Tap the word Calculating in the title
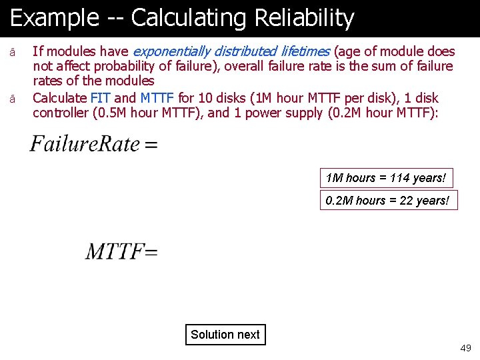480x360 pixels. (x=187, y=19)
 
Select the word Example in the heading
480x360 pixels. (x=54, y=19)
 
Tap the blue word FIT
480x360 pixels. (x=100, y=98)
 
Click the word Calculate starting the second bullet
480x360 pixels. (x=59, y=98)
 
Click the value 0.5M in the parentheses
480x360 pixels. (x=113, y=113)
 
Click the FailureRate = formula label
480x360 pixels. (x=93, y=144)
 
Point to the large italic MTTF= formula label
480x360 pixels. (x=121, y=251)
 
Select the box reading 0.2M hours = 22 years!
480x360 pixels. (x=389, y=201)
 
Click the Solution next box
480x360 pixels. (x=225, y=335)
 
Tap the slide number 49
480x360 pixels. (x=465, y=348)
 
